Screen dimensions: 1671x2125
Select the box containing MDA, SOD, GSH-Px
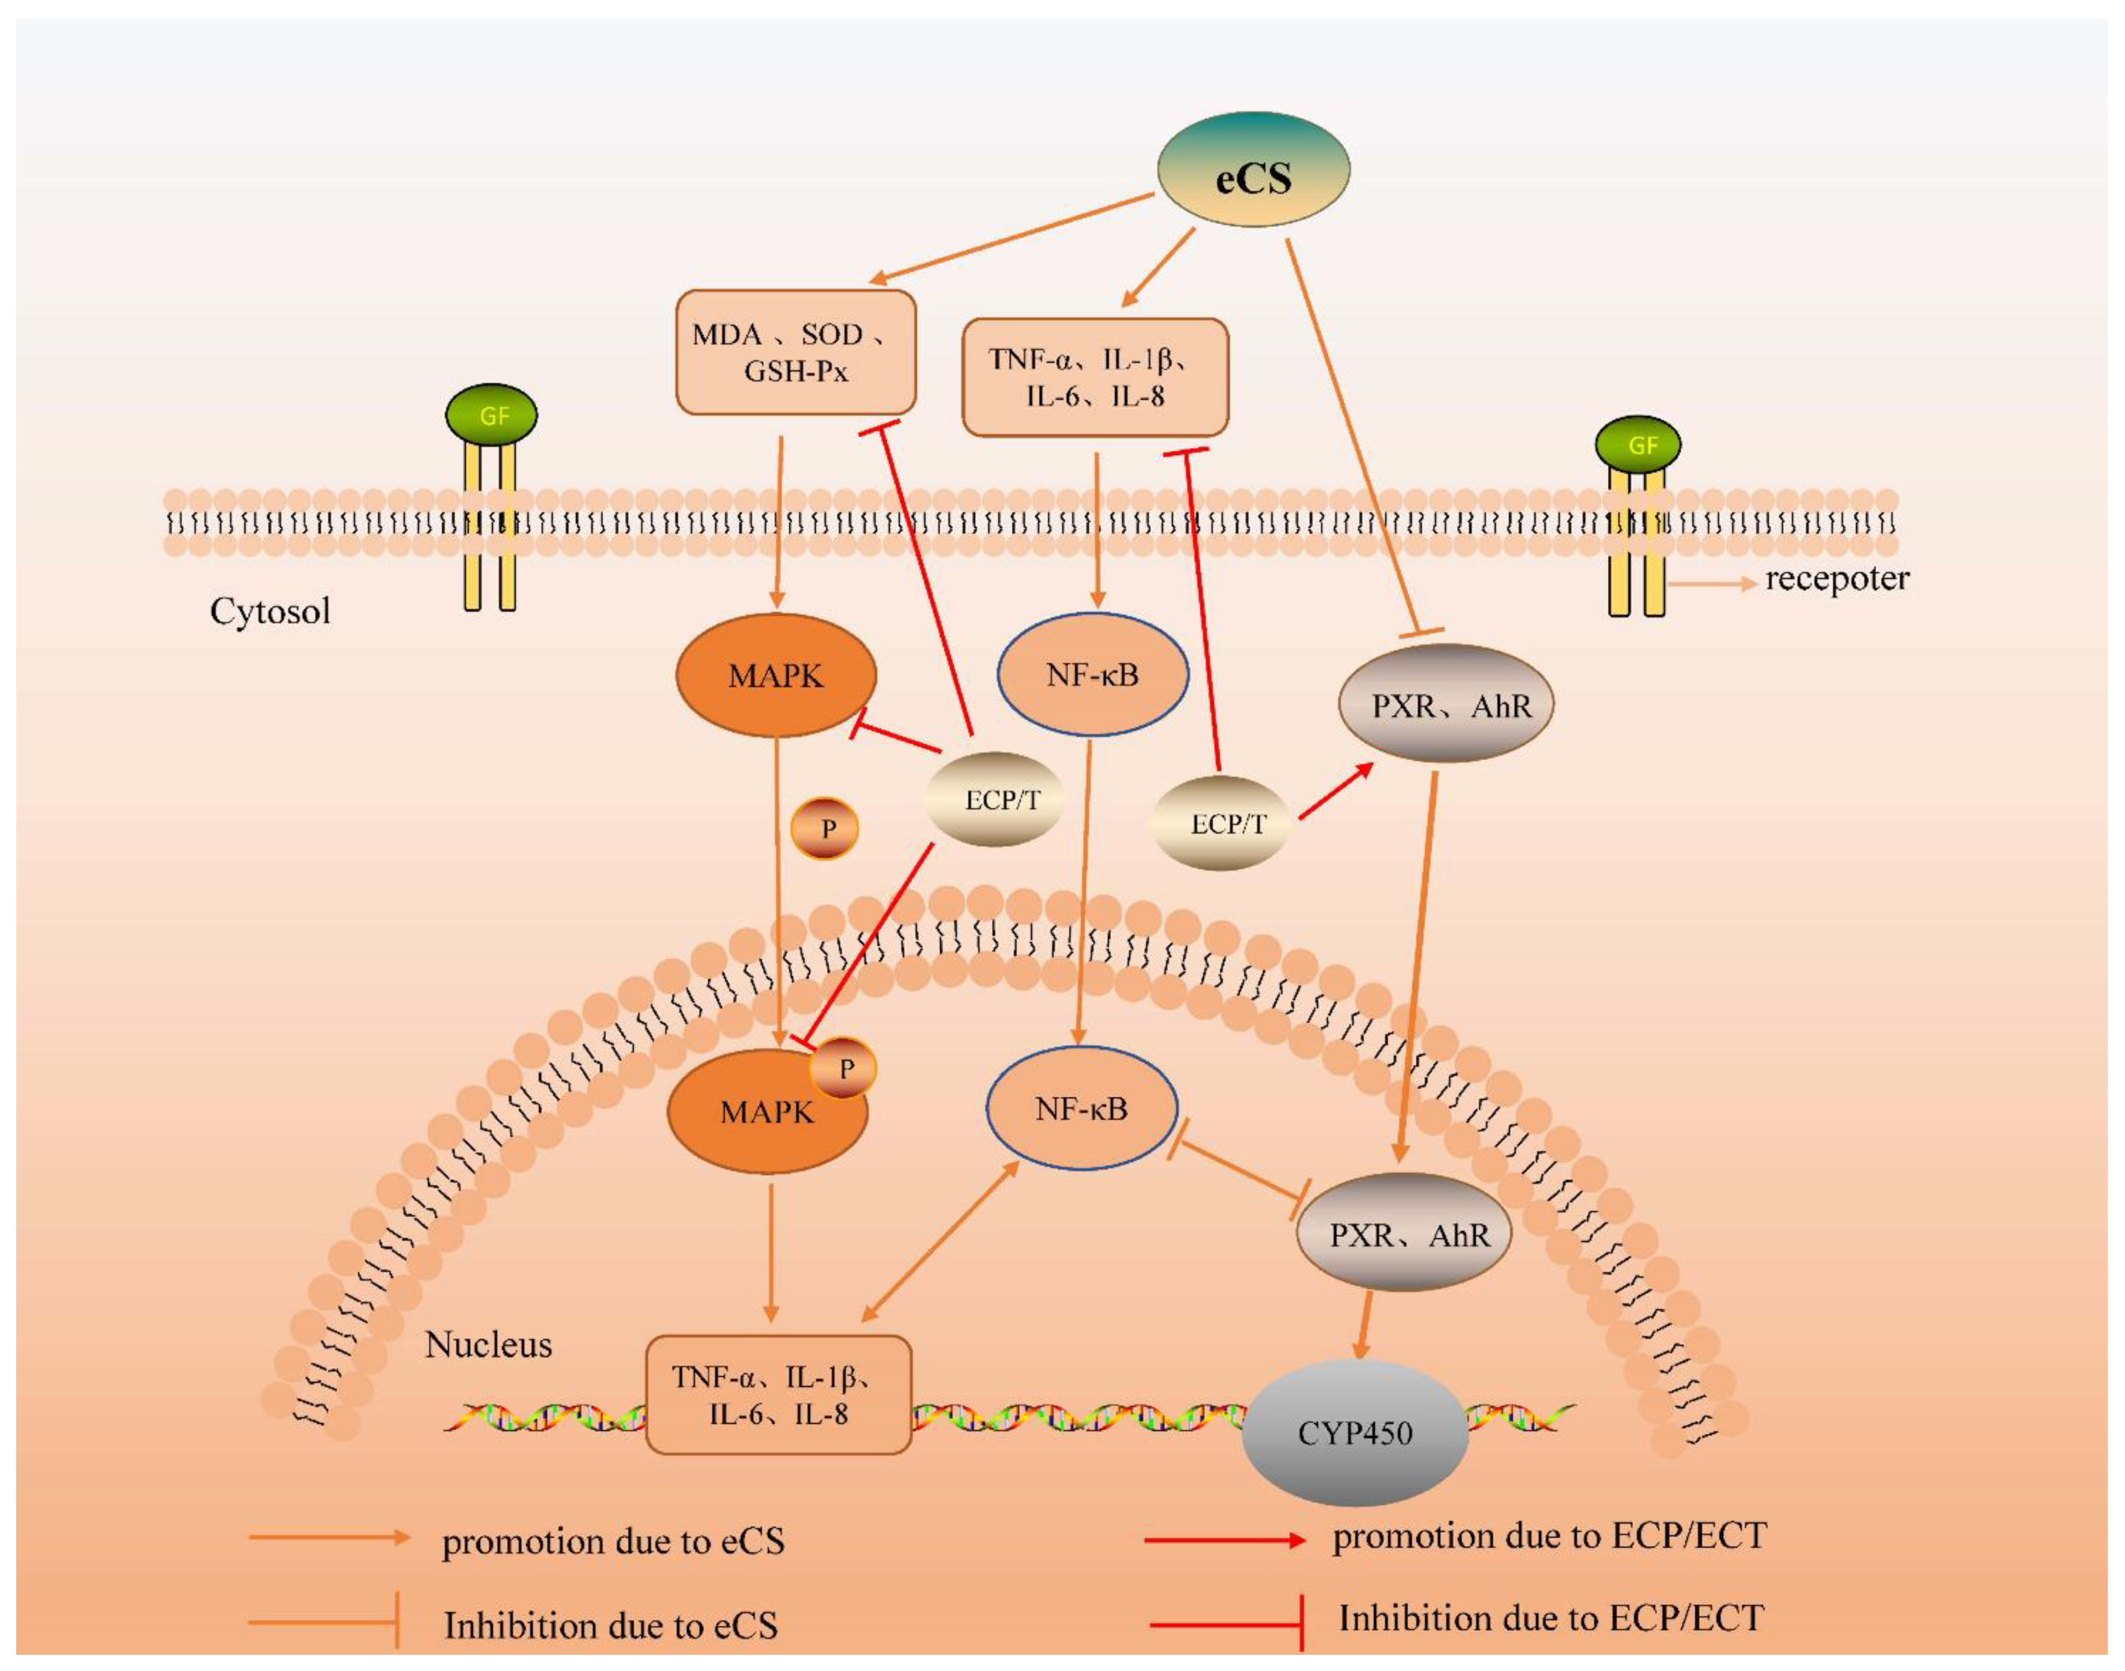coord(795,352)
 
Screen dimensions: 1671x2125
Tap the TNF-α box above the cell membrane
coord(1095,377)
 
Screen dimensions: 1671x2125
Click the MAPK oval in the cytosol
coord(776,675)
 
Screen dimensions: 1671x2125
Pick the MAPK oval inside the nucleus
coord(768,1112)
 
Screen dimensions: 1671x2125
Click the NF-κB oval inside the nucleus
coord(1081,1109)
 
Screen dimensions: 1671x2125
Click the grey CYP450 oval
coord(1355,1433)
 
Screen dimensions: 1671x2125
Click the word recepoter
coord(1836,579)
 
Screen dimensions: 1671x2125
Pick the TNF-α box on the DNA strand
coord(779,1395)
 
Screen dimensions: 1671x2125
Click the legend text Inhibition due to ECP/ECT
coord(1551,1618)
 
